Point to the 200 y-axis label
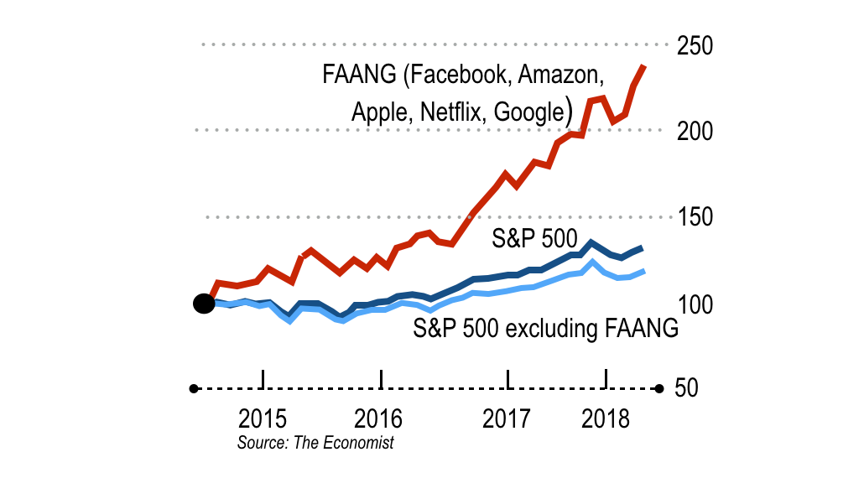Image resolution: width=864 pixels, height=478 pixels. pyautogui.click(x=695, y=132)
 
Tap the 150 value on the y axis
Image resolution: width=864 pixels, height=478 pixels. pyautogui.click(x=695, y=218)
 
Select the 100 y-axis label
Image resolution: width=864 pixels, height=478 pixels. pyautogui.click(x=695, y=304)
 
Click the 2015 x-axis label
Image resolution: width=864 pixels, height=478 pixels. pyautogui.click(x=263, y=418)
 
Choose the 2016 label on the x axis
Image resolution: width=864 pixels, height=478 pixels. pyautogui.click(x=378, y=418)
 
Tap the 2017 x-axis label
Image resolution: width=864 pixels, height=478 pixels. pyautogui.click(x=507, y=418)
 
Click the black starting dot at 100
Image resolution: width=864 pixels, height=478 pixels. pyautogui.click(x=203, y=304)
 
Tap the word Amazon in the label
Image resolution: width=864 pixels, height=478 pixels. pyautogui.click(x=560, y=75)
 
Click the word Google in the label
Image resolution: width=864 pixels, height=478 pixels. pyautogui.click(x=528, y=112)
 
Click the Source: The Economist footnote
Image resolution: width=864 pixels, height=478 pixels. pyautogui.click(x=315, y=442)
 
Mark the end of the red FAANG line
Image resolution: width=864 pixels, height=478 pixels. pyautogui.click(x=644, y=65)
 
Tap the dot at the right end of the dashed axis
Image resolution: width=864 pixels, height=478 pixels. pyautogui.click(x=659, y=388)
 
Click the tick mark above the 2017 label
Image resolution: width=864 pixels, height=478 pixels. pyautogui.click(x=508, y=378)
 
